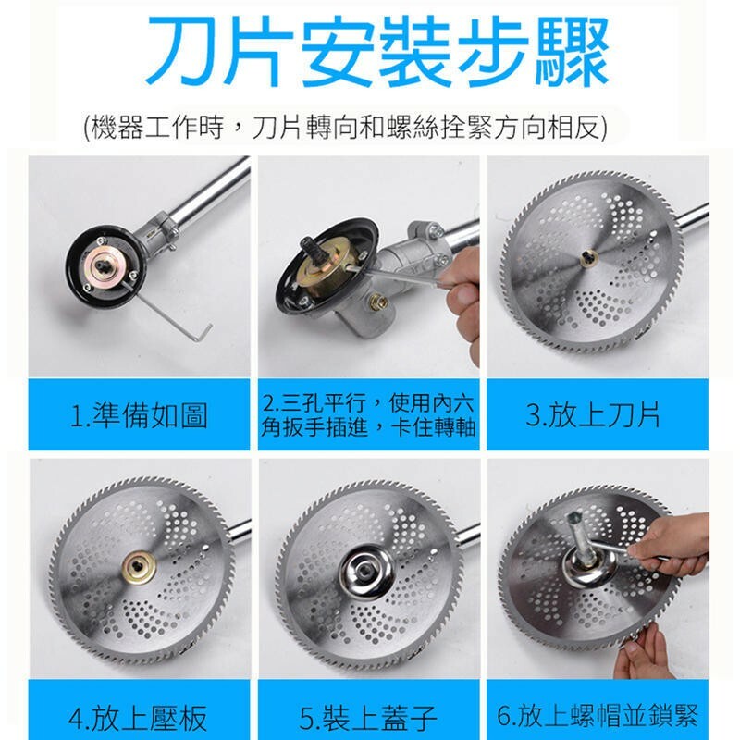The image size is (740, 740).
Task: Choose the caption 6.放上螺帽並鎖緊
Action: click(597, 715)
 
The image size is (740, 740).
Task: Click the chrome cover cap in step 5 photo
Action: click(366, 567)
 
